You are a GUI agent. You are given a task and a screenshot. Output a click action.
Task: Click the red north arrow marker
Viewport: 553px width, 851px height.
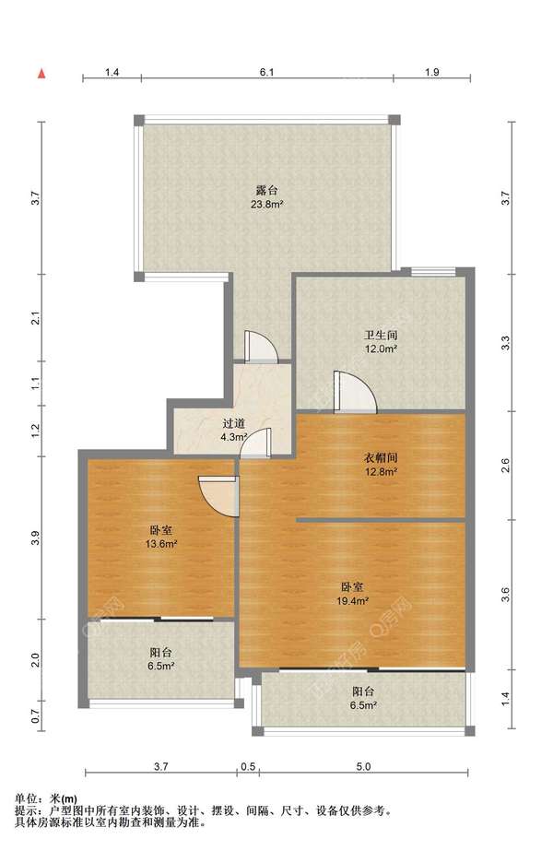coord(41,74)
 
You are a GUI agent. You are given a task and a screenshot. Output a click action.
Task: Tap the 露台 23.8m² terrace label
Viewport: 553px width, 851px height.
coord(267,197)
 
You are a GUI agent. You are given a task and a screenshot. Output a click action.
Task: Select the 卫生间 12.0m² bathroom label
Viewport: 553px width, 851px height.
coord(381,342)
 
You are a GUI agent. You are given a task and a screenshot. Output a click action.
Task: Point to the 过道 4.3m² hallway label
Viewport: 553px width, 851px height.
coord(234,430)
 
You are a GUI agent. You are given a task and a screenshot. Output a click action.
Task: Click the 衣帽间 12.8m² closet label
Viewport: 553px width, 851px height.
coord(381,465)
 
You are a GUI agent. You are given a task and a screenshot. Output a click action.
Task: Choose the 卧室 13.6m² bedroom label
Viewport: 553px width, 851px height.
coord(161,537)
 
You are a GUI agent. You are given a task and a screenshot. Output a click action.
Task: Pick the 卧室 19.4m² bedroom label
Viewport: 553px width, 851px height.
coord(353,594)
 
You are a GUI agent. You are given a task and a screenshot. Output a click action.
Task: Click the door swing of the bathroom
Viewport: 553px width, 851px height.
coord(355,392)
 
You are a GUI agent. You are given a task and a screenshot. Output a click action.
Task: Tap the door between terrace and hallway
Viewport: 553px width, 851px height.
coord(261,347)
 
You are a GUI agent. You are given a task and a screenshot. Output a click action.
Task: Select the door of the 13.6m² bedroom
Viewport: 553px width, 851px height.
coord(218,496)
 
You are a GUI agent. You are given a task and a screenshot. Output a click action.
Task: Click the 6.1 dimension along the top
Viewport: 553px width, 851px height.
coord(266,72)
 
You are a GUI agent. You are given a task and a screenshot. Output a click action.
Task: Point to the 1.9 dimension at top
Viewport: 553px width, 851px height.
coord(432,72)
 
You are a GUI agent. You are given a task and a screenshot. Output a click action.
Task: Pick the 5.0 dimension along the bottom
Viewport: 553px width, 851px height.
coord(364,766)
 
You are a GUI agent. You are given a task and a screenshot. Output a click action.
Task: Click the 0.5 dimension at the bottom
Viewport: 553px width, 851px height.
coord(248,766)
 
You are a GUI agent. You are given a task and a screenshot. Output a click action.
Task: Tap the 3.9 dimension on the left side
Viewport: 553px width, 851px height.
coord(35,538)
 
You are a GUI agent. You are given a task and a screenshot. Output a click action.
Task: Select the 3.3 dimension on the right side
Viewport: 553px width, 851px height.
coord(505,343)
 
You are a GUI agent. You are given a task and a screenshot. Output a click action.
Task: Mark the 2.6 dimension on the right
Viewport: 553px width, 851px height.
coord(505,466)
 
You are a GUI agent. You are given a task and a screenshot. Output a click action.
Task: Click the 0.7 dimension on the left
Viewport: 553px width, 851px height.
coord(35,716)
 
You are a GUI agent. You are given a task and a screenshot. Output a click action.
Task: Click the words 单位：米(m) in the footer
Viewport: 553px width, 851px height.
coord(45,798)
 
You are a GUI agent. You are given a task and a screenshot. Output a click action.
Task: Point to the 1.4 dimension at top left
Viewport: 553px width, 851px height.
coord(112,72)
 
